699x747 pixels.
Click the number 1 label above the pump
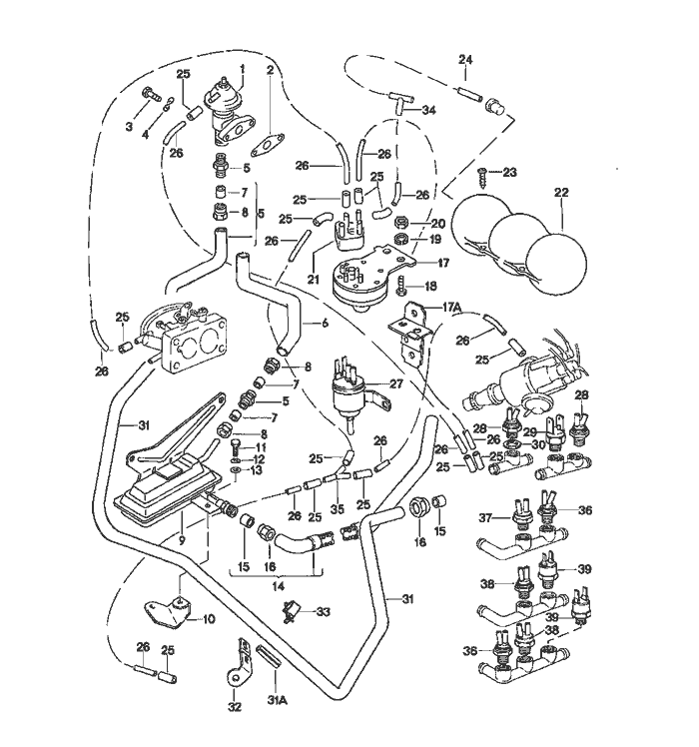click(243, 67)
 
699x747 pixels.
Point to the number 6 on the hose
click(326, 324)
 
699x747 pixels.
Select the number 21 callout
click(313, 279)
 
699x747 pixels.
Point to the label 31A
click(277, 700)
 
